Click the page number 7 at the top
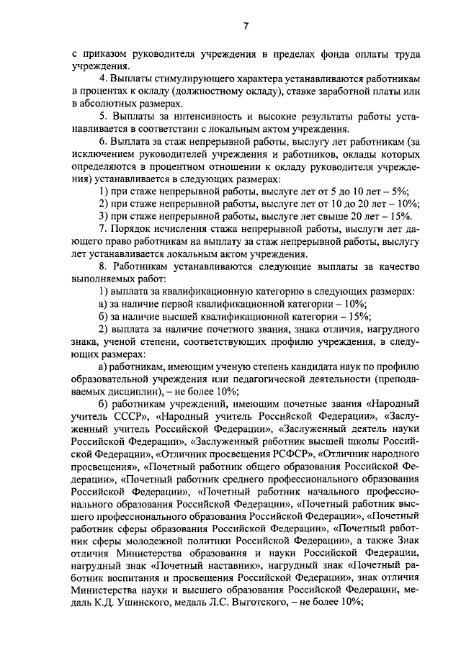[x=245, y=27]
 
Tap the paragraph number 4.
[x=103, y=78]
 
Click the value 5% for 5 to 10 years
[x=399, y=191]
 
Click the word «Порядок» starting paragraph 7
[x=133, y=228]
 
